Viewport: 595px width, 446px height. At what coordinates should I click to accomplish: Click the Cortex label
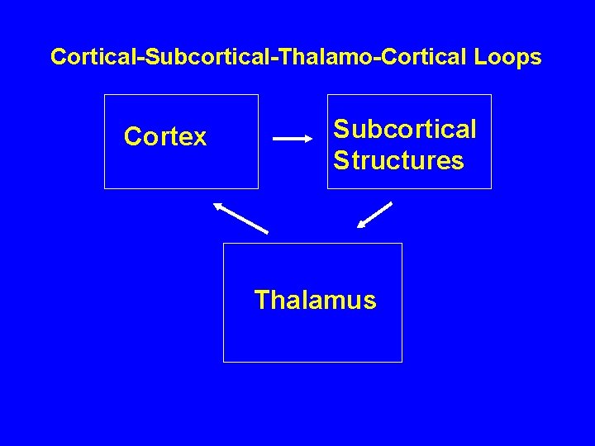pyautogui.click(x=165, y=137)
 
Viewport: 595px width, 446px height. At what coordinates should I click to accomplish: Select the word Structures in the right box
pyautogui.click(x=398, y=160)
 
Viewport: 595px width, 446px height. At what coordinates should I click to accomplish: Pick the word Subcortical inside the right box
pyautogui.click(x=404, y=130)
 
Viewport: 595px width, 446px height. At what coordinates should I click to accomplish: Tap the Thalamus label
pyautogui.click(x=315, y=300)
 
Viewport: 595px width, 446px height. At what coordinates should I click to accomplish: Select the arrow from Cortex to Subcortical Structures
pyautogui.click(x=293, y=140)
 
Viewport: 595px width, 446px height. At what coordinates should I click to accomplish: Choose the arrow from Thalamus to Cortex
pyautogui.click(x=240, y=217)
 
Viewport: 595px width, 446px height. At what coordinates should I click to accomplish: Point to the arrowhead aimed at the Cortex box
pyautogui.click(x=218, y=206)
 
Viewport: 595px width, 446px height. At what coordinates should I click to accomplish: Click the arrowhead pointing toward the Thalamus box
pyautogui.click(x=362, y=224)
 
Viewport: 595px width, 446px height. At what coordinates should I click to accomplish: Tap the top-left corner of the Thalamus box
pyautogui.click(x=224, y=244)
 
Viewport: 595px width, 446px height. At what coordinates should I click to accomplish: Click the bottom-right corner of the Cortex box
pyautogui.click(x=258, y=188)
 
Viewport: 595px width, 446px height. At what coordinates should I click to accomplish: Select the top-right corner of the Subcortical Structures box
pyautogui.click(x=491, y=95)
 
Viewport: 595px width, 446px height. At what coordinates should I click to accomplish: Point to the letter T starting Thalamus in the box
pyautogui.click(x=262, y=300)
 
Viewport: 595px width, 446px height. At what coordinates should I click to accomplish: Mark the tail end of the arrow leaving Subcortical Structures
pyautogui.click(x=391, y=202)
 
